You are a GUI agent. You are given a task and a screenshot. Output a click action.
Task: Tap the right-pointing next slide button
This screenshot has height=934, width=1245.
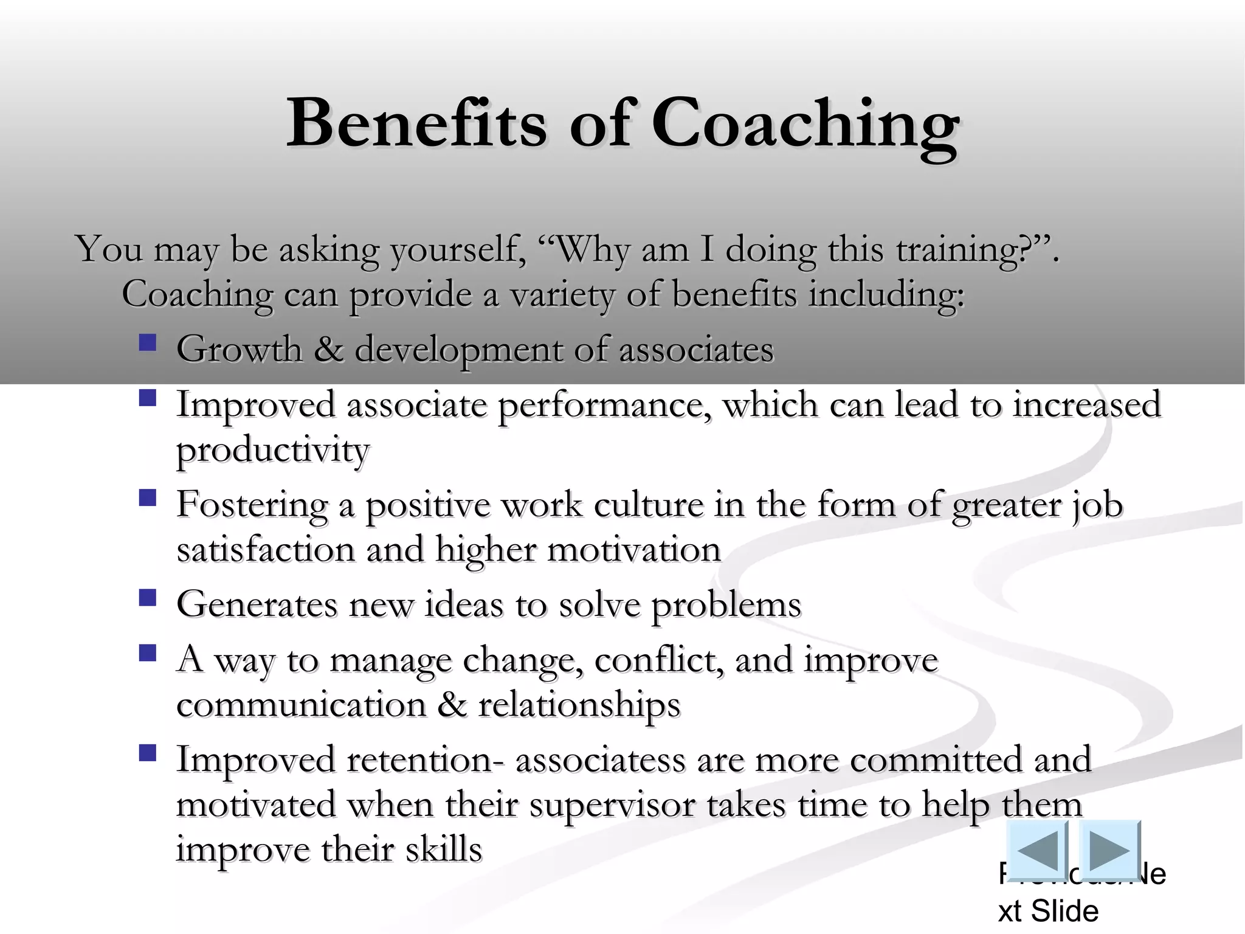point(1110,849)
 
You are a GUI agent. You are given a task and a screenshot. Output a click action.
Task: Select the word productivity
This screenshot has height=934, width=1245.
point(273,451)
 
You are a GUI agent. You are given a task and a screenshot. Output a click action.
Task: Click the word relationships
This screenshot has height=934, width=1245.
point(579,706)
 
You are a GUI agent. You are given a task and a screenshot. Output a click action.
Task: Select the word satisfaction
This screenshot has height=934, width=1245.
point(266,550)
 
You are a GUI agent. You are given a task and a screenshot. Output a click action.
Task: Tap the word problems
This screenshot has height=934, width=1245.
point(726,606)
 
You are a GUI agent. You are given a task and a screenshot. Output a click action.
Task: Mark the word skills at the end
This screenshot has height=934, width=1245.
point(444,849)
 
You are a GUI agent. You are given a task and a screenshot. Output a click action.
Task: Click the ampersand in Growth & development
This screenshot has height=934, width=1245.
point(328,350)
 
